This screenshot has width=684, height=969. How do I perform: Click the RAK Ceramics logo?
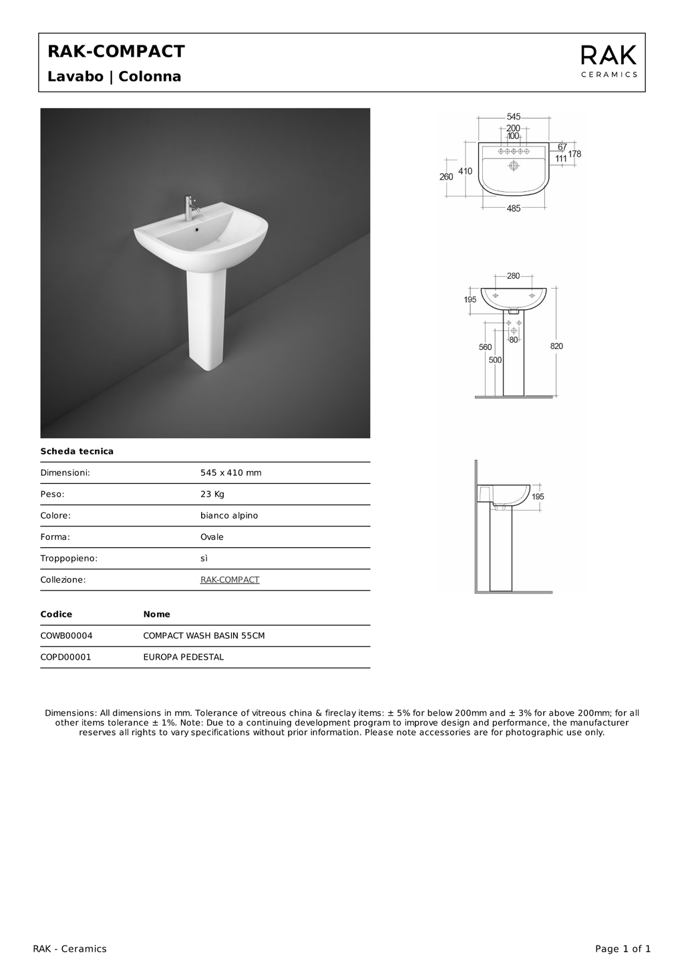point(609,61)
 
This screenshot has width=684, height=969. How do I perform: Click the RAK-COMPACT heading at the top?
point(116,51)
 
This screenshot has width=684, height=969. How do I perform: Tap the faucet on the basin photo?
point(189,208)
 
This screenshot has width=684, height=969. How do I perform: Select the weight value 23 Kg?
point(212,495)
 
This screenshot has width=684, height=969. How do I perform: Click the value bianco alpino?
point(229,516)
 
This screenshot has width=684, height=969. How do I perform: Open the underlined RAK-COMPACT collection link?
point(230,580)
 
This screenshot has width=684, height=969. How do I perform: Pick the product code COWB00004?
point(67,636)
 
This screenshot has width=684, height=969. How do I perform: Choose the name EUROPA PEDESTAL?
point(184,658)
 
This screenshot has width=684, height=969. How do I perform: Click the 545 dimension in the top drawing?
point(513,117)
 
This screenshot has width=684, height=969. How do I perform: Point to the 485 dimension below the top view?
point(513,209)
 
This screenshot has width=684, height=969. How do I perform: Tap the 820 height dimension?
point(556,346)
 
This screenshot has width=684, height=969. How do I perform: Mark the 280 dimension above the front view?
point(513,276)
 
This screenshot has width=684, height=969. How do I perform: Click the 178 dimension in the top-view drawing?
point(574,154)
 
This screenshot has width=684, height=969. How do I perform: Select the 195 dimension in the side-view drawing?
point(538,497)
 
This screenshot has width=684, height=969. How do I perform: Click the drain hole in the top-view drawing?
point(514,165)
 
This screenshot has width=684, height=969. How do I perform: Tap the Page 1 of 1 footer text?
point(623,949)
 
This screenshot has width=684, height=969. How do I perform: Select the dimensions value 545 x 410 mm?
point(231,473)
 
